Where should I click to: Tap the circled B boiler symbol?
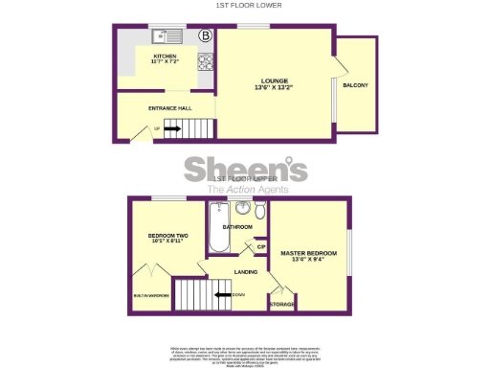205,36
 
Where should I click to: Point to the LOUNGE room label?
273,83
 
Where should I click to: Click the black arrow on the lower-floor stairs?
172,127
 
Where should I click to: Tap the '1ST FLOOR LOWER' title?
244,6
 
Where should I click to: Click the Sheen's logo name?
245,171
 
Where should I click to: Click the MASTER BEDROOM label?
308,256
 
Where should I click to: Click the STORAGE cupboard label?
282,304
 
